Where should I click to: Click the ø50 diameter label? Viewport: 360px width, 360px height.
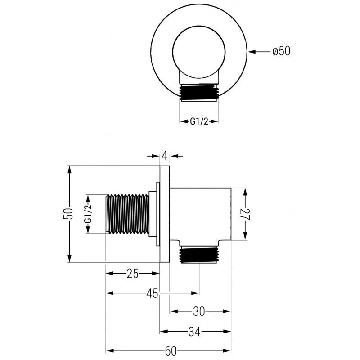(x=281, y=51)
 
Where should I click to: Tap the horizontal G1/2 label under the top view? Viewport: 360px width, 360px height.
(x=199, y=121)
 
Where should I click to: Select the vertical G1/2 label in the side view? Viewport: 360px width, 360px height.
(x=88, y=214)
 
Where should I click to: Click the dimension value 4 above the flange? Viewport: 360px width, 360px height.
(x=165, y=156)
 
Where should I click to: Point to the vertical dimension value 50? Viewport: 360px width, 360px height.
(x=68, y=214)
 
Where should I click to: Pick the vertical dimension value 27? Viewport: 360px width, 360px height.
(x=245, y=214)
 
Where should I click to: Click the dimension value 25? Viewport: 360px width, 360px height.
(x=133, y=273)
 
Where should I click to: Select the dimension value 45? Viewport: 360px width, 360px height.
(x=152, y=293)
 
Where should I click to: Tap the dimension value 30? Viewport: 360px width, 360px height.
(x=200, y=311)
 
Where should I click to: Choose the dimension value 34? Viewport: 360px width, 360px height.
(x=194, y=332)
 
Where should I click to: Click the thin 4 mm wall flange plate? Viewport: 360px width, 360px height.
(x=165, y=214)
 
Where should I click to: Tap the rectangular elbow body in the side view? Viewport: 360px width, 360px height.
(x=201, y=214)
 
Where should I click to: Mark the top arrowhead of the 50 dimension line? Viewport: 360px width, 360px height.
(x=70, y=169)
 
